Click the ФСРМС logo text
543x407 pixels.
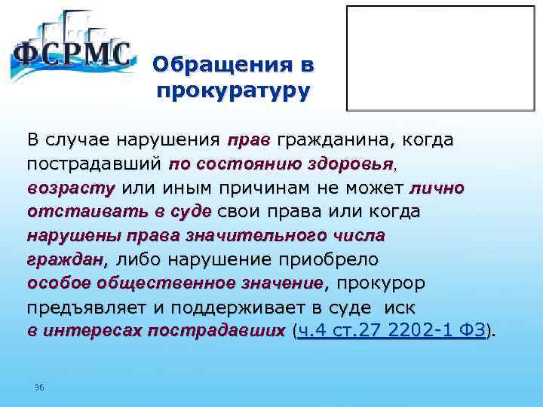click(x=73, y=55)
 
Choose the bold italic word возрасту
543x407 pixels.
click(x=72, y=188)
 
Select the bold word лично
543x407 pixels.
click(x=437, y=188)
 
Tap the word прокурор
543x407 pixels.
click(x=381, y=283)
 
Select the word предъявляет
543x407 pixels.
click(x=89, y=308)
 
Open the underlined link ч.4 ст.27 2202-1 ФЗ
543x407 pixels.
click(x=391, y=331)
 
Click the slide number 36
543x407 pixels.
click(x=39, y=387)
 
